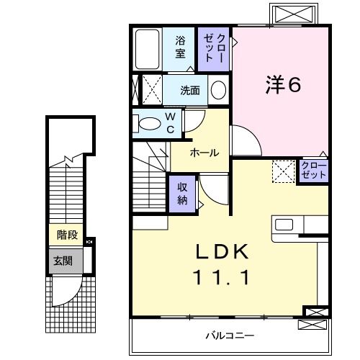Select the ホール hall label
(x=204, y=153)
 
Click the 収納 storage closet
(x=183, y=192)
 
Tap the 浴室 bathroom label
(x=180, y=47)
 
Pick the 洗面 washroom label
(x=190, y=91)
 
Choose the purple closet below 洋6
(x=313, y=170)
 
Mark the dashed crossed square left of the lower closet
(x=282, y=171)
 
